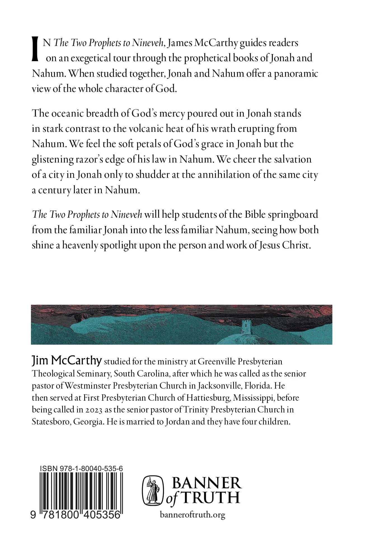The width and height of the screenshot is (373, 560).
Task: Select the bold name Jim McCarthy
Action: click(x=67, y=361)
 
